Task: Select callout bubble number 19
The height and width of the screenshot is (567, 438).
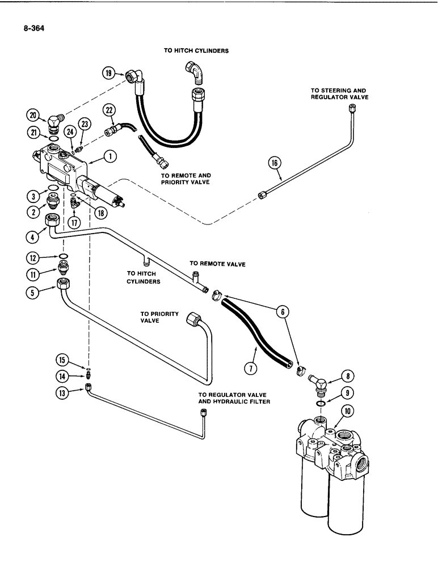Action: (109, 73)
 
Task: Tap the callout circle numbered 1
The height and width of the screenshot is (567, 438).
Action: (112, 157)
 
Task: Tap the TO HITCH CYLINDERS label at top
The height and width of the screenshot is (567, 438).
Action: (196, 50)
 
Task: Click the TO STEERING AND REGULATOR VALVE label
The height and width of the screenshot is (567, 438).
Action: (339, 94)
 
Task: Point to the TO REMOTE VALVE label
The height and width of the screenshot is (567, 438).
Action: (217, 264)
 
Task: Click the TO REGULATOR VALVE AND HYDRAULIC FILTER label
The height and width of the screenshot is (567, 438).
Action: (232, 397)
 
